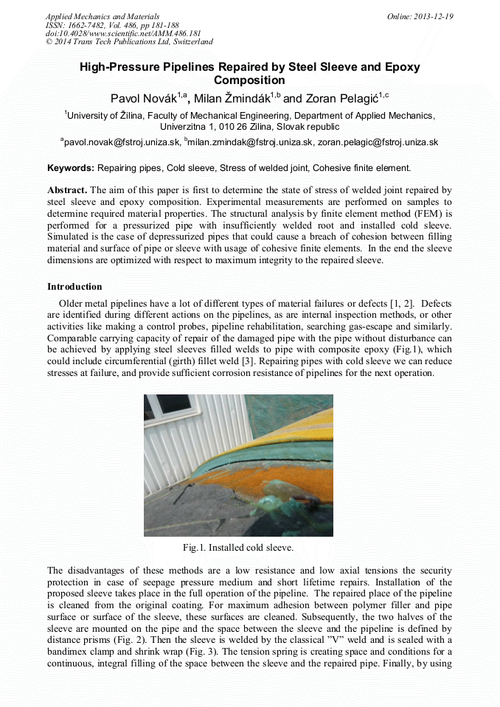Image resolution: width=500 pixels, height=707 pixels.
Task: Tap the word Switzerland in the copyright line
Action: click(x=189, y=42)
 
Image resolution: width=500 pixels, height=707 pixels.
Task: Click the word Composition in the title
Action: click(x=249, y=80)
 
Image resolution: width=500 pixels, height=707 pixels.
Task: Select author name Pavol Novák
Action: click(x=139, y=98)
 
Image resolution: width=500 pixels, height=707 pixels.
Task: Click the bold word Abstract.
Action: click(x=69, y=189)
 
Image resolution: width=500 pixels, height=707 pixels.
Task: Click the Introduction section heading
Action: click(x=74, y=287)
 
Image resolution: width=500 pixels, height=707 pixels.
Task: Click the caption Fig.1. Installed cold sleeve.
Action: click(x=238, y=548)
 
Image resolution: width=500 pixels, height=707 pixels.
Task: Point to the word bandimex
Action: click(x=69, y=652)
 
